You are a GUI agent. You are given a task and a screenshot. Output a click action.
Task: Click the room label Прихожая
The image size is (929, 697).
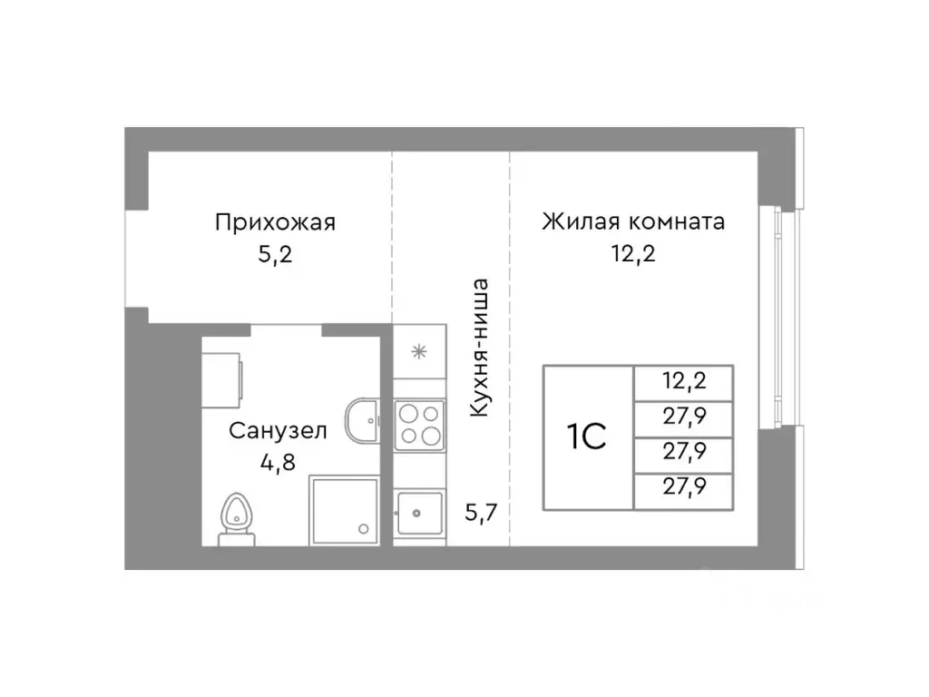point(275,221)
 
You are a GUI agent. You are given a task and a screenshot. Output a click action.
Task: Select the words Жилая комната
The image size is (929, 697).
point(632,221)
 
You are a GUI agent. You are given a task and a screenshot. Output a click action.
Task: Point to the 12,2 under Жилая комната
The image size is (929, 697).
point(632,253)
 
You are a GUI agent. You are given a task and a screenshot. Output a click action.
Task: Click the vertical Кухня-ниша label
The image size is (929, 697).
point(481,347)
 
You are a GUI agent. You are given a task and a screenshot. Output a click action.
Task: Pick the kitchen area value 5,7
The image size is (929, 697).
point(481,514)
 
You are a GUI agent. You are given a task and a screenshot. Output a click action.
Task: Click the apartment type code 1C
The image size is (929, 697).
point(586,437)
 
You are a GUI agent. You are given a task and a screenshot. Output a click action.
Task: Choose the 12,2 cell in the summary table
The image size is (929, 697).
point(683,381)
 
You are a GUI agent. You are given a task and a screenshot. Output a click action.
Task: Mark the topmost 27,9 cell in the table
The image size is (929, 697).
point(683,417)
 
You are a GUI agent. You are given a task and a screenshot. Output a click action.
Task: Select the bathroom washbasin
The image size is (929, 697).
point(364,420)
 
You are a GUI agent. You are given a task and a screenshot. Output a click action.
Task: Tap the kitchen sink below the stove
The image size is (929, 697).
point(419,514)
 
